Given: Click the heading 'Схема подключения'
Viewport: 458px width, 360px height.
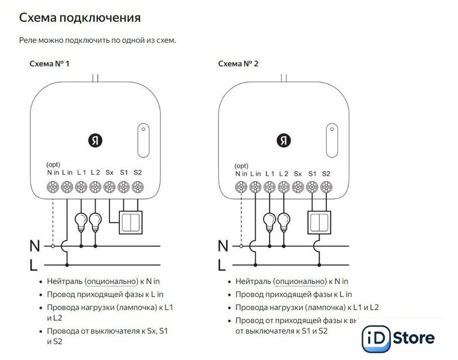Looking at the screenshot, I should tap(80, 18).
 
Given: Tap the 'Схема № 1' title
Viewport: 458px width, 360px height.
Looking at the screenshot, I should tap(50, 64).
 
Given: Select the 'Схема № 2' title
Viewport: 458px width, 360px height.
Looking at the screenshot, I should tap(239, 64).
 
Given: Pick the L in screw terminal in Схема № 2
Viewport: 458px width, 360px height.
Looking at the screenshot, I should tap(256, 187).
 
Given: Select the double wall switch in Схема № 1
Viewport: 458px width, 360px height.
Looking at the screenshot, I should tap(130, 222).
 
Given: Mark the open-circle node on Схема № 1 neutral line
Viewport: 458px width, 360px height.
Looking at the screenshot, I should tap(53, 246).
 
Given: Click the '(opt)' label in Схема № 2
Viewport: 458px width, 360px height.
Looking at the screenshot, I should tap(241, 166).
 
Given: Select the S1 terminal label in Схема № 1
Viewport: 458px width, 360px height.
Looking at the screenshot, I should tap(124, 172).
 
